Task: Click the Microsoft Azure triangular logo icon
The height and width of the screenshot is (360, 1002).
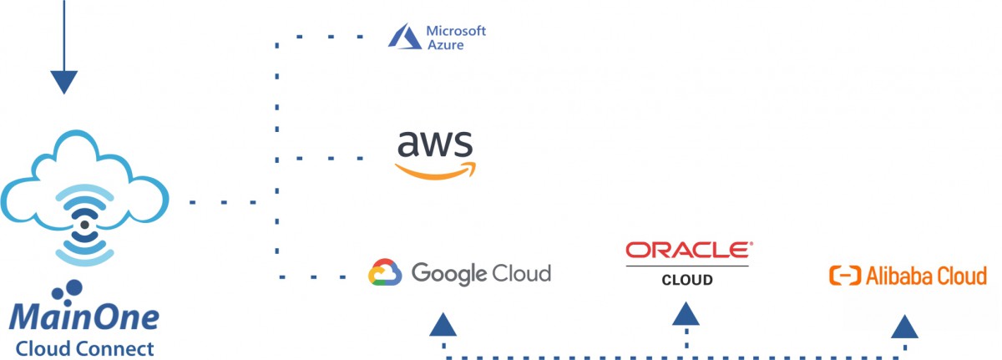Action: coord(404,36)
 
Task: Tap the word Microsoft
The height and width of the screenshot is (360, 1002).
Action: coord(456,30)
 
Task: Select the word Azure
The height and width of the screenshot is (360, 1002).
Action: coord(445,44)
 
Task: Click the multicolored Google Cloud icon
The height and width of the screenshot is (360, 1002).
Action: coord(386,273)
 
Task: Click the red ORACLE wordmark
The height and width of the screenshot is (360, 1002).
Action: coord(688,250)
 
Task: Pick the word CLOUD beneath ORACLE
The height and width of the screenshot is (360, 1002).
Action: coord(687,280)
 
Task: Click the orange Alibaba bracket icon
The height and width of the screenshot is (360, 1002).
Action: coord(844,276)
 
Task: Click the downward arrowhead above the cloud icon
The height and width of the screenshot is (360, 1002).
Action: coord(64,82)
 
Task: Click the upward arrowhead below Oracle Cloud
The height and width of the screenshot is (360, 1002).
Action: coord(686,314)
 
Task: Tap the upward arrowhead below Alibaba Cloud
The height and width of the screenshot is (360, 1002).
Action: coord(904,327)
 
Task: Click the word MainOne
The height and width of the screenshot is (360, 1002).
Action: coord(84,318)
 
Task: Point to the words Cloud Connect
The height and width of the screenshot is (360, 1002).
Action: coord(84,347)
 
